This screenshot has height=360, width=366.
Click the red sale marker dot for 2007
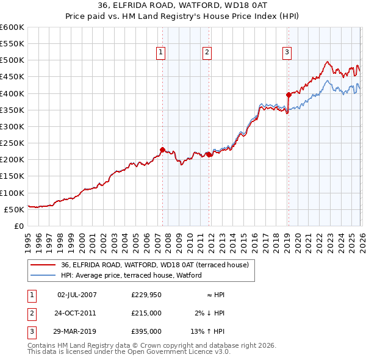point(162,149)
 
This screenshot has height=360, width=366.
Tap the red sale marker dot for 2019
point(289,95)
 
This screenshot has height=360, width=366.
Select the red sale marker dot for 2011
point(209,154)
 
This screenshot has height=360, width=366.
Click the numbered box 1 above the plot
point(160,53)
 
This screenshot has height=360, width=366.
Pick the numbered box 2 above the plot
point(207,53)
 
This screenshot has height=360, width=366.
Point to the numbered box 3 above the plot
point(287,53)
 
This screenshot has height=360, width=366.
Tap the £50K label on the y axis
point(15,209)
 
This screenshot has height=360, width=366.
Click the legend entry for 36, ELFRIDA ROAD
point(154,265)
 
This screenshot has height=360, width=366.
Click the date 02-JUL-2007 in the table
point(77,295)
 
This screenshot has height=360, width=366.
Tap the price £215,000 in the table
point(146,313)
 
